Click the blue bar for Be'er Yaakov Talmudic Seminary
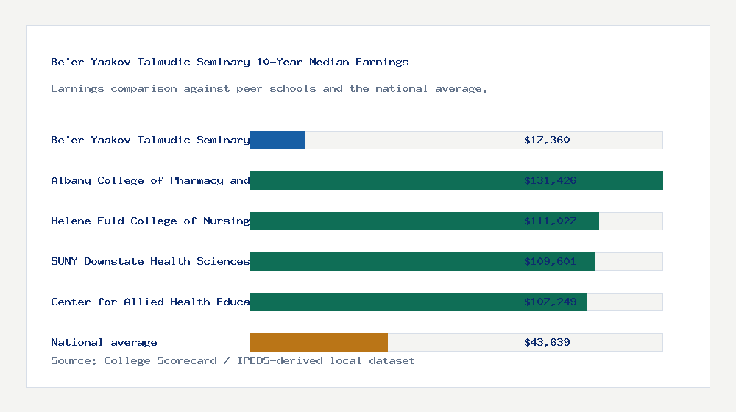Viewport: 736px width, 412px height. pos(277,140)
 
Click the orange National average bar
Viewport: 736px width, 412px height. pos(319,342)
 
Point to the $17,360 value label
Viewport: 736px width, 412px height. pos(547,140)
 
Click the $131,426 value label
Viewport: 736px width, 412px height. pos(550,180)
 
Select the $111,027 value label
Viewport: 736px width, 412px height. pos(550,221)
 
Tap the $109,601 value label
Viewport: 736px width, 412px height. pos(550,261)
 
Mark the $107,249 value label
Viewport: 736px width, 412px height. pos(550,302)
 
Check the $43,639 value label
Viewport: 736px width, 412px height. pos(547,342)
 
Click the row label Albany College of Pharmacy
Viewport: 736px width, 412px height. pos(150,180)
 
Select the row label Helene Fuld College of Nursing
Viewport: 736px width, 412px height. pos(150,221)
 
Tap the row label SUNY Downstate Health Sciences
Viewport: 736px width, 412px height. pos(150,261)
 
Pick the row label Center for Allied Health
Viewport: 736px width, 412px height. pos(150,302)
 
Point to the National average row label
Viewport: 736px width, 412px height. pos(104,342)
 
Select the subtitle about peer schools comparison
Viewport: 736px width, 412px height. pos(269,88)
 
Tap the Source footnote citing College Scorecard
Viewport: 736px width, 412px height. pos(233,360)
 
